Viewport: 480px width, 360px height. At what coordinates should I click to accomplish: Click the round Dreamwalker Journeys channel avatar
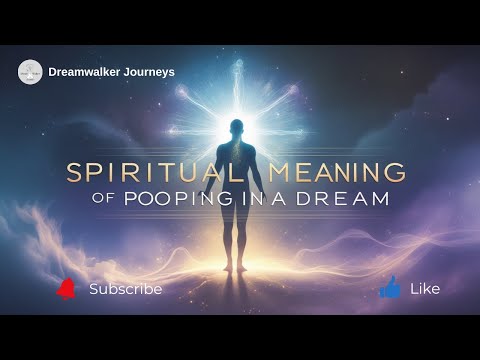tap(30, 72)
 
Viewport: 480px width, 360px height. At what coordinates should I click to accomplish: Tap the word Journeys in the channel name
tap(149, 72)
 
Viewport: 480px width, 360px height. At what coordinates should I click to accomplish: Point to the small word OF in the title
tap(105, 199)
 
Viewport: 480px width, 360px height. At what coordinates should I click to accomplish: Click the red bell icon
tap(66, 289)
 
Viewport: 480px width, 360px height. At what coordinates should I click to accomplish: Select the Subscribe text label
tap(125, 289)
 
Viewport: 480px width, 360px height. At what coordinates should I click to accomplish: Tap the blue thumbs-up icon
tap(390, 288)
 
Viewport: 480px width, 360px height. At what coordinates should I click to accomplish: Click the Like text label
tap(425, 289)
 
